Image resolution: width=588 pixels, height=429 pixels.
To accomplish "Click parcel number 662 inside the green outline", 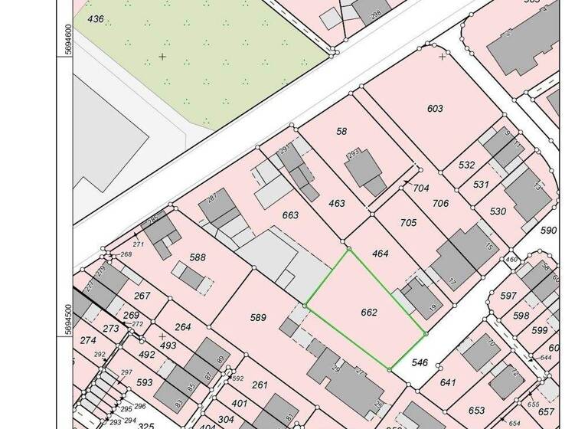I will pos(368,313).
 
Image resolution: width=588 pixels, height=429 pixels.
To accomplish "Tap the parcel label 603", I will pos(435,109).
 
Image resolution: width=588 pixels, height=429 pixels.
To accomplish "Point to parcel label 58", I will pos(341,132).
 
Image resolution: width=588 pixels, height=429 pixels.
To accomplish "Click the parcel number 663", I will pos(290,215).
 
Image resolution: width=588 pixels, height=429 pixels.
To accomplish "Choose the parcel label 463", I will pos(336,204).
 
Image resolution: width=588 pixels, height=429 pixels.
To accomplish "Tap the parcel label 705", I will pos(408,223).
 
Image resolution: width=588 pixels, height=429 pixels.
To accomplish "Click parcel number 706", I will pos(439,203).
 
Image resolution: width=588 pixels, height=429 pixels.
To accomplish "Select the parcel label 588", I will pos(198,257).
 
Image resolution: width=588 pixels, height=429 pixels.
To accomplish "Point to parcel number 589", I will pos(258,316).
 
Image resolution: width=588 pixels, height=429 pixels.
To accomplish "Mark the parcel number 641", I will pos(448,382).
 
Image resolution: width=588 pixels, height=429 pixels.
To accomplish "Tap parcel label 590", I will pos(548,230).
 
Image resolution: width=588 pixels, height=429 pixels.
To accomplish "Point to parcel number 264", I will pos(183,328).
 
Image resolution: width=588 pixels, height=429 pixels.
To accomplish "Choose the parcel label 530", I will pos(498,211).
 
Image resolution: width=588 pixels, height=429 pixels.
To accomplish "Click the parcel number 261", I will pos(260,385).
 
